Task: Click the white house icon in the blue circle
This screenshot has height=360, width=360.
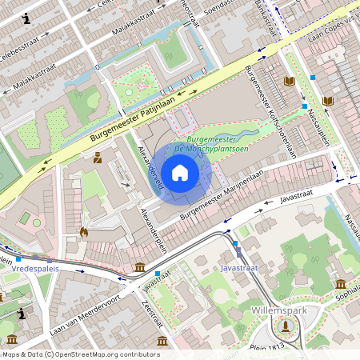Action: pyautogui.click(x=180, y=172)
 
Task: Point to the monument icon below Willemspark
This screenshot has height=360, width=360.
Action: pyautogui.click(x=286, y=325)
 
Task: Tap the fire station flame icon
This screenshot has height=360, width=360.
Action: pyautogui.click(x=84, y=232)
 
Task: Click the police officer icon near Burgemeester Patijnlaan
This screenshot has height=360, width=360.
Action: pyautogui.click(x=98, y=158)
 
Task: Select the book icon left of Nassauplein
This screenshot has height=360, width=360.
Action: pyautogui.click(x=290, y=82)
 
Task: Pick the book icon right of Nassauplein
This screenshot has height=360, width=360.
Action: pyautogui.click(x=328, y=101)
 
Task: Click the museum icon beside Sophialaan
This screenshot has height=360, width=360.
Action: pyautogui.click(x=341, y=285)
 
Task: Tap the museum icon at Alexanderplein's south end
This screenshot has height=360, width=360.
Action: pyautogui.click(x=140, y=266)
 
